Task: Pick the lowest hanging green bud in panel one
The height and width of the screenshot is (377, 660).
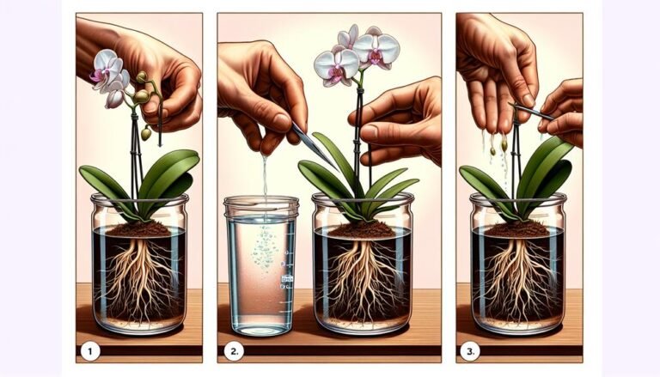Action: point(146,133)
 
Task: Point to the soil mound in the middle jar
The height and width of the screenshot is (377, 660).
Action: point(361,229)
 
